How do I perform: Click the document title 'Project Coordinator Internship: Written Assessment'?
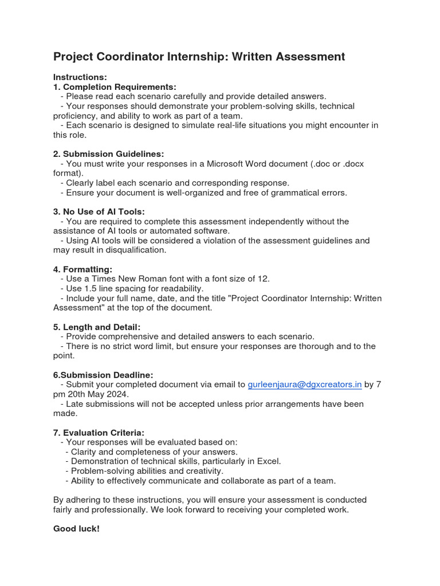pyautogui.click(x=199, y=57)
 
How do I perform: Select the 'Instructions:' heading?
pyautogui.click(x=80, y=77)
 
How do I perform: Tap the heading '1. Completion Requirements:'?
pyautogui.click(x=115, y=87)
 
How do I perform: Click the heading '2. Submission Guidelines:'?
pyautogui.click(x=108, y=154)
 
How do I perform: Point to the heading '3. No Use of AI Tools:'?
pyautogui.click(x=99, y=212)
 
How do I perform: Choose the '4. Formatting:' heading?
pyautogui.click(x=82, y=269)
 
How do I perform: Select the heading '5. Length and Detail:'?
pyautogui.click(x=97, y=327)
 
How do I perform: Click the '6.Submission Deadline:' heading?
pyautogui.click(x=103, y=375)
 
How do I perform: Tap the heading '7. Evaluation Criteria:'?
pyautogui.click(x=99, y=433)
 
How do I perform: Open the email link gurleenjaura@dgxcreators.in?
pyautogui.click(x=304, y=385)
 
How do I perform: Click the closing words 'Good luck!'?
pyautogui.click(x=76, y=529)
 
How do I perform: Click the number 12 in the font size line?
pyautogui.click(x=264, y=279)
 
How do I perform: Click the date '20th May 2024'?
pyautogui.click(x=103, y=394)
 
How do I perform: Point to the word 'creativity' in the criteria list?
pyautogui.click(x=203, y=471)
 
